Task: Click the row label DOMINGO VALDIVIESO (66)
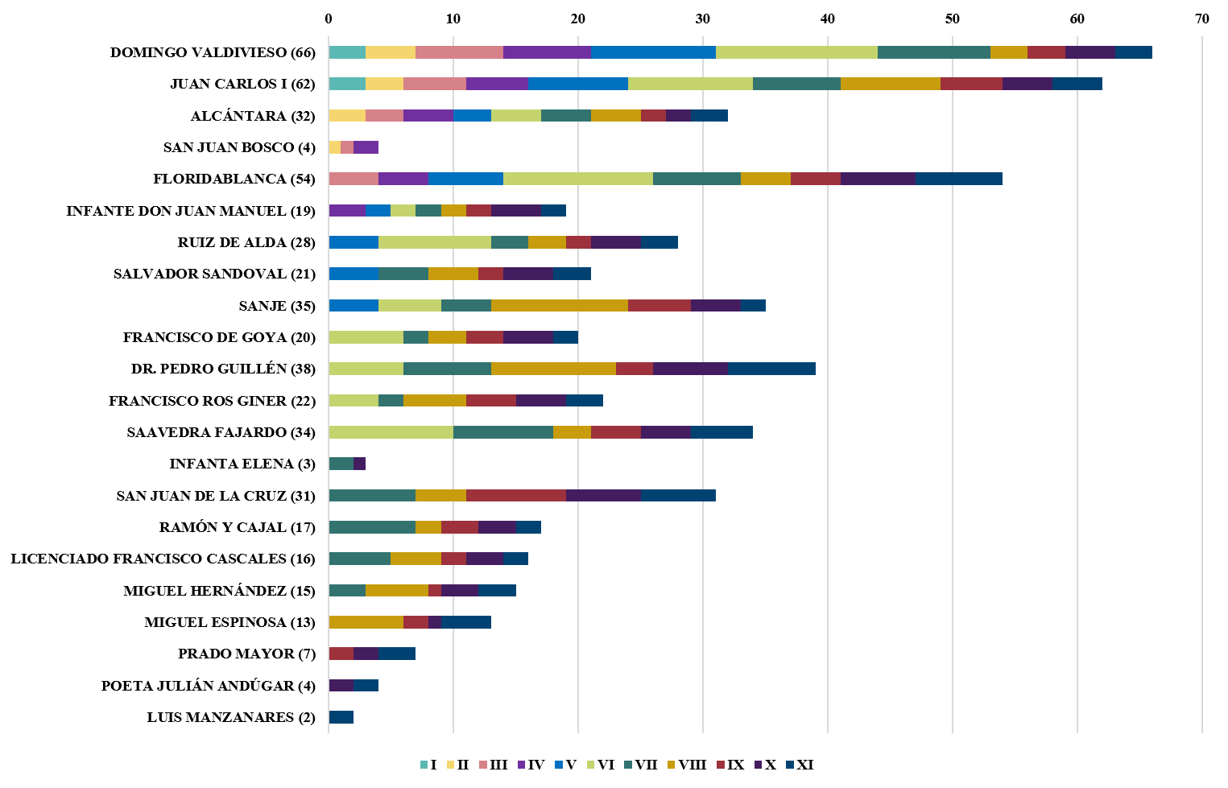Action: [213, 52]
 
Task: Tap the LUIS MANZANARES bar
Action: [341, 717]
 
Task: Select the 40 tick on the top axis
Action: [827, 19]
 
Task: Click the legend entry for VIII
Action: [687, 765]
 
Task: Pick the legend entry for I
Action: [428, 765]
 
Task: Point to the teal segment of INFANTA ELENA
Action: [341, 464]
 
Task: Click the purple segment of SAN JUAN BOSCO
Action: [366, 147]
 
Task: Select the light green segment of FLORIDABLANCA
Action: [578, 179]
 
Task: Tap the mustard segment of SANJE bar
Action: [559, 305]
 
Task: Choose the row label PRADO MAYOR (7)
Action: [246, 654]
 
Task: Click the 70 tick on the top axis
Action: [1201, 19]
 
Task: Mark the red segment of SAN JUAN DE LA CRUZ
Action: [516, 495]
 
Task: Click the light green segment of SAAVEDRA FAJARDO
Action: [391, 431]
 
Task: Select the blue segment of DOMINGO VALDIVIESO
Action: [653, 52]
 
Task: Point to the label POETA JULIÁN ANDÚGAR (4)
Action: [209, 686]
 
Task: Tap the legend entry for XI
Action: [800, 765]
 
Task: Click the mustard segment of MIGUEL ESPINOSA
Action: [366, 622]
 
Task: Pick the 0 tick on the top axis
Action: [329, 19]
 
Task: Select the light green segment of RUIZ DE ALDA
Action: [435, 242]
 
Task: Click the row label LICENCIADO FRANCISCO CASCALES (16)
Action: [163, 559]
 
